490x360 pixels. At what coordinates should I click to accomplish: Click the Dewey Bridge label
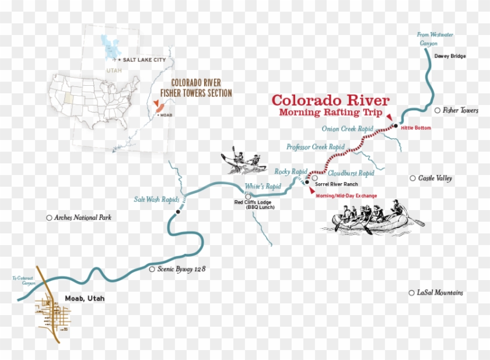(450, 56)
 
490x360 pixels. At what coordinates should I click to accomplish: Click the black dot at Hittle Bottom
(395, 126)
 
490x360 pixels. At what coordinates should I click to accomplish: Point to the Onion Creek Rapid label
(347, 128)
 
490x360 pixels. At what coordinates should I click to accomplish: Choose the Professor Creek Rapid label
(315, 147)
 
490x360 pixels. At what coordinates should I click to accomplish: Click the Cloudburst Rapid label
(351, 173)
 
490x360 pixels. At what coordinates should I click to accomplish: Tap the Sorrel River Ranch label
(336, 184)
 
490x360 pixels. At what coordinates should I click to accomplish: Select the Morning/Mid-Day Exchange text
(346, 196)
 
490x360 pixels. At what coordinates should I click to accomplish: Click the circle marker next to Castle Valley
(412, 178)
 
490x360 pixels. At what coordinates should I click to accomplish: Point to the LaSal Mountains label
(440, 292)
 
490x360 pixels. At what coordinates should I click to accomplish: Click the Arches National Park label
(82, 218)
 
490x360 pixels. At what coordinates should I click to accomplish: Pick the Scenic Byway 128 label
(181, 269)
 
